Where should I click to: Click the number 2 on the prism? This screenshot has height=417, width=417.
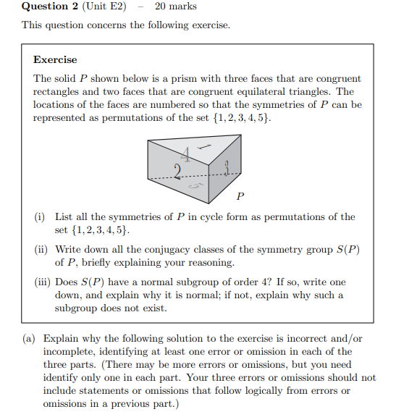(177, 172)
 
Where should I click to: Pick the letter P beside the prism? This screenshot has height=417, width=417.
(240, 195)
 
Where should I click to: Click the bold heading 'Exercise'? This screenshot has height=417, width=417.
(54, 59)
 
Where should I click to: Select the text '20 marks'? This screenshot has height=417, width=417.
(175, 7)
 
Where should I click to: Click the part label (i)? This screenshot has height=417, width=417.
(40, 216)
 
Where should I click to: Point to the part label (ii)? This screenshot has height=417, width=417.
(41, 249)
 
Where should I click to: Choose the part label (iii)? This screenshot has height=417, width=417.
(42, 282)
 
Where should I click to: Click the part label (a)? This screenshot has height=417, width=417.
(30, 338)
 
